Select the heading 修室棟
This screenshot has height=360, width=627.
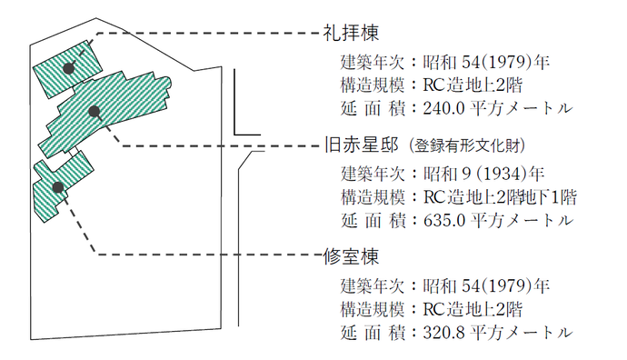(348, 255)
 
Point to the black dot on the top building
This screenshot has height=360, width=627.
(68, 68)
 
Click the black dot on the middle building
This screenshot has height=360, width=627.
(94, 111)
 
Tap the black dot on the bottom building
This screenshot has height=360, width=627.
(57, 186)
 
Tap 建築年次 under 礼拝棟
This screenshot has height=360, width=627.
(371, 64)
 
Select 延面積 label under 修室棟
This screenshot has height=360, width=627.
(371, 330)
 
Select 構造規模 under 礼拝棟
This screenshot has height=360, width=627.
(371, 86)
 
